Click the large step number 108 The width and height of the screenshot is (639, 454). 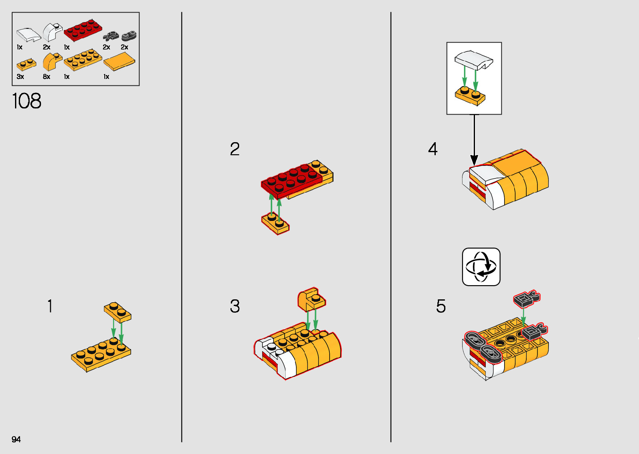tap(27, 101)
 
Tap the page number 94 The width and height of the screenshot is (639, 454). tap(16, 439)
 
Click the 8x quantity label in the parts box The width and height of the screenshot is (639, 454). tap(46, 76)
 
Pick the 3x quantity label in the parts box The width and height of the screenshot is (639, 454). tap(20, 76)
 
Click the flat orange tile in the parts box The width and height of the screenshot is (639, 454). tap(119, 61)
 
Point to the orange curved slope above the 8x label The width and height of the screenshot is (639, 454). tap(52, 62)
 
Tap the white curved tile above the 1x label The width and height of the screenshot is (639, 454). tap(28, 35)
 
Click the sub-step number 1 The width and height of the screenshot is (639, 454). tap(50, 306)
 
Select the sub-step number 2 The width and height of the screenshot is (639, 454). tap(235, 149)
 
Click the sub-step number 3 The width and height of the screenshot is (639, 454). tap(235, 306)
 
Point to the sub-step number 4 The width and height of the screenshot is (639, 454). tap(433, 149)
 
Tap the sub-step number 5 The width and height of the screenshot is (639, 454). tap(441, 306)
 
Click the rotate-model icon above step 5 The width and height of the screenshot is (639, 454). tap(481, 267)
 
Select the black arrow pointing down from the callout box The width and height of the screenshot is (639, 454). tap(474, 140)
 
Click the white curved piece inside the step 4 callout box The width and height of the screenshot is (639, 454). tap(474, 60)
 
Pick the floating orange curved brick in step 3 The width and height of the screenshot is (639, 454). tap(311, 299)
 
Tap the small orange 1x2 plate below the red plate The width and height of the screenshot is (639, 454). tap(275, 224)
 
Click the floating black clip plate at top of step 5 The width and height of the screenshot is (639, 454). tap(527, 299)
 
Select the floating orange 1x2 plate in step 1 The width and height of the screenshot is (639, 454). tap(118, 312)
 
